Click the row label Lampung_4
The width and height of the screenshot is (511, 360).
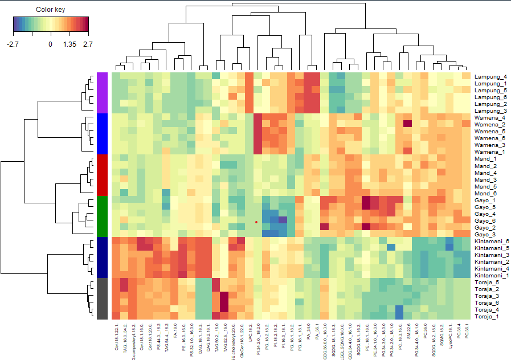tap(490, 77)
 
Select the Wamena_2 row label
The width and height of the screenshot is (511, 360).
tap(489, 125)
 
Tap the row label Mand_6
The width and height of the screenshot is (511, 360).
tap(485, 193)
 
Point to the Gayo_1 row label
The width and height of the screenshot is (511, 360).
tap(486, 201)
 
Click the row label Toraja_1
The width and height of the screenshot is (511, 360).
tap(488, 317)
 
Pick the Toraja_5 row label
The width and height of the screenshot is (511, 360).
tap(488, 283)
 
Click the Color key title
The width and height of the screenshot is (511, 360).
tap(50, 10)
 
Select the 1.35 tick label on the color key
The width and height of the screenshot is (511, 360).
tap(69, 44)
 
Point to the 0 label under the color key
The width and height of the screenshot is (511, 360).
tap(50, 44)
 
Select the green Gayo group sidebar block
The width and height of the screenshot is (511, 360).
tap(103, 216)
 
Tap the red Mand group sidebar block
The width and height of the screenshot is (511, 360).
tap(103, 175)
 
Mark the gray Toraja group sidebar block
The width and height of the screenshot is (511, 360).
tap(103, 299)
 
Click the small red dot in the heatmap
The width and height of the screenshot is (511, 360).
tap(256, 222)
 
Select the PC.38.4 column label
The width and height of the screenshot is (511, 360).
tap(459, 332)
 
